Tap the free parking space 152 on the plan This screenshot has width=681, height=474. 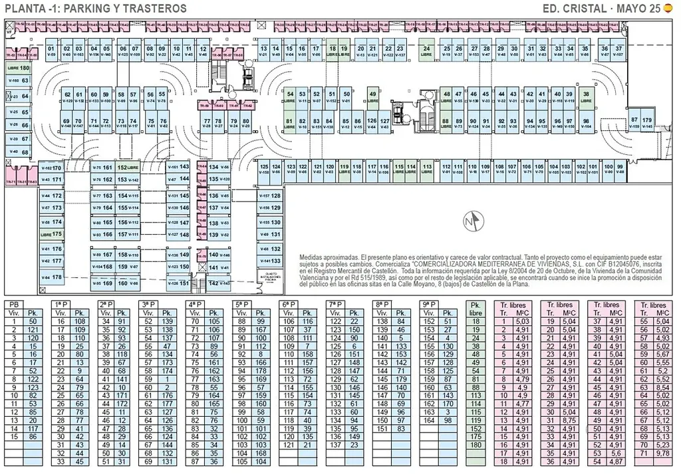(128, 168)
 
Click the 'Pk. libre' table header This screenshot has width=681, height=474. (476, 308)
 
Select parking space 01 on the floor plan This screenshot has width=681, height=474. (51, 52)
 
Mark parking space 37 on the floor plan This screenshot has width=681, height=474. (618, 52)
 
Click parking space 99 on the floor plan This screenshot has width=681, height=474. (620, 169)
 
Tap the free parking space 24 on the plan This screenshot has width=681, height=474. (426, 52)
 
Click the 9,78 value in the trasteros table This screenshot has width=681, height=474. (662, 453)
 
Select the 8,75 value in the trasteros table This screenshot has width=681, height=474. (569, 421)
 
